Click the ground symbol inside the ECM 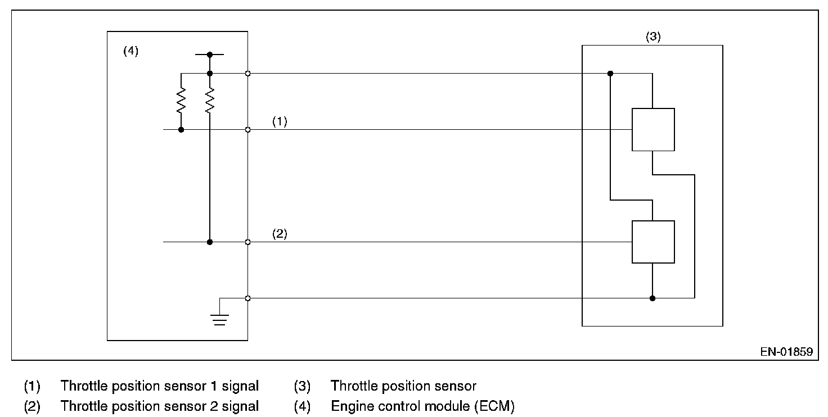219,320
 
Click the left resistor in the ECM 181,101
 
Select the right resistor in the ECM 209,101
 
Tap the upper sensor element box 652,129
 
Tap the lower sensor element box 652,242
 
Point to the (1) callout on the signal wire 280,121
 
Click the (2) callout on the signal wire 280,234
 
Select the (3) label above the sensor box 652,37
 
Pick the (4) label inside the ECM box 130,51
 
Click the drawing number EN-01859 786,352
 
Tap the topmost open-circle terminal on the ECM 247,73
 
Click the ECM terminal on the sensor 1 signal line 247,129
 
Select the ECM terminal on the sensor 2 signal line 247,242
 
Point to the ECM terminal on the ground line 247,298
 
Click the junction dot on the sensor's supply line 610,73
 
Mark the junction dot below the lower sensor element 652,298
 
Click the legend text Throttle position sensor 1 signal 159,386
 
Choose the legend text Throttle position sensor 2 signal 159,406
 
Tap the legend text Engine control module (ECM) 422,406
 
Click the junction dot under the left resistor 181,129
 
